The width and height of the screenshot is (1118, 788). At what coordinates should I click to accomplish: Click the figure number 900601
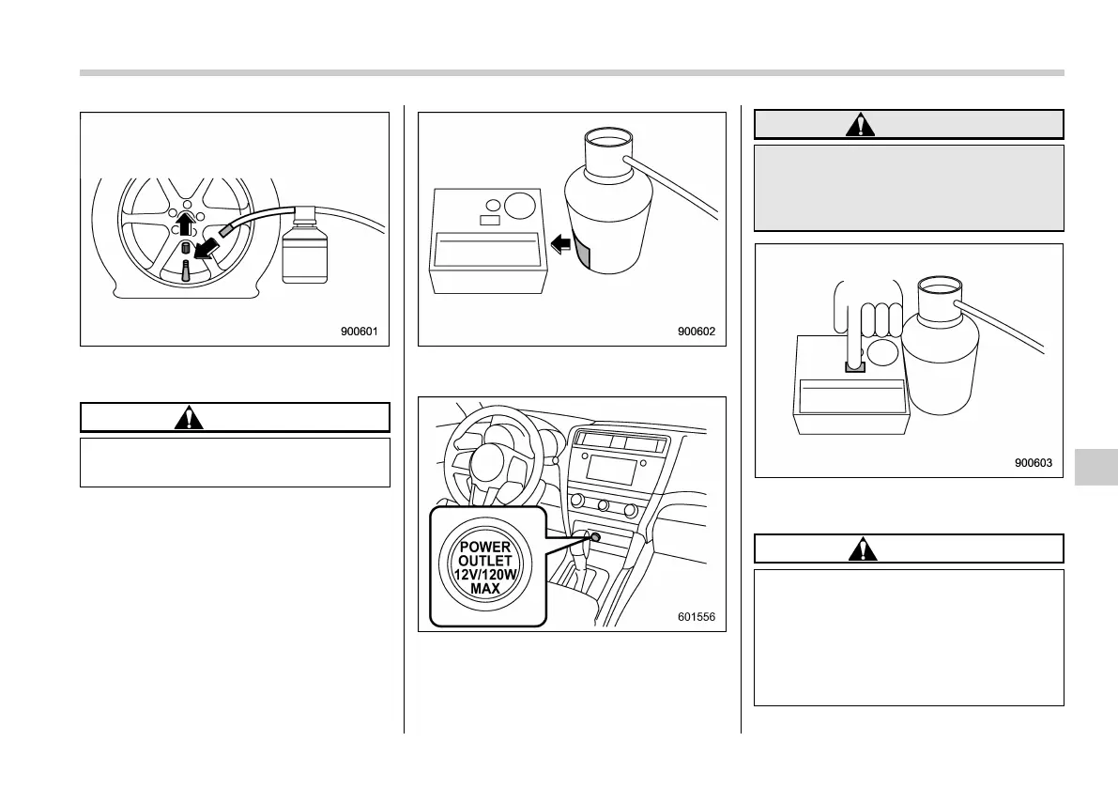(363, 331)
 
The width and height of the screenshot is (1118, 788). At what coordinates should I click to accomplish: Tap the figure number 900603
(1033, 462)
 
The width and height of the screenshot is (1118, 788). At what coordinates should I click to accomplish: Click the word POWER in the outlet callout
(487, 547)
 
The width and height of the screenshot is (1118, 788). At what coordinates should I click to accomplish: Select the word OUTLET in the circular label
(487, 561)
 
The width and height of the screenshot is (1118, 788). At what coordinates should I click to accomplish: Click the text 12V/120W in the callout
(487, 575)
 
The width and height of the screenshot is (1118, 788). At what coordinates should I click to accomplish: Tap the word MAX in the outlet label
(487, 589)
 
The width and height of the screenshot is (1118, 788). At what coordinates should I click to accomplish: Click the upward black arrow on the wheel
(186, 223)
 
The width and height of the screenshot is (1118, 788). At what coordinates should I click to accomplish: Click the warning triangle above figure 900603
(858, 125)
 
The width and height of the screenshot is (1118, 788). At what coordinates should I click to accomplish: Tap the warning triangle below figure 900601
(189, 418)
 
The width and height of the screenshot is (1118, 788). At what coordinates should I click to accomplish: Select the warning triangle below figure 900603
(858, 549)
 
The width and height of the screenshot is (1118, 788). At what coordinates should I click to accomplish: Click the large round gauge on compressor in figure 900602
(521, 204)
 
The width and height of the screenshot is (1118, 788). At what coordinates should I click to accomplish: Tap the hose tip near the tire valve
(225, 229)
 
